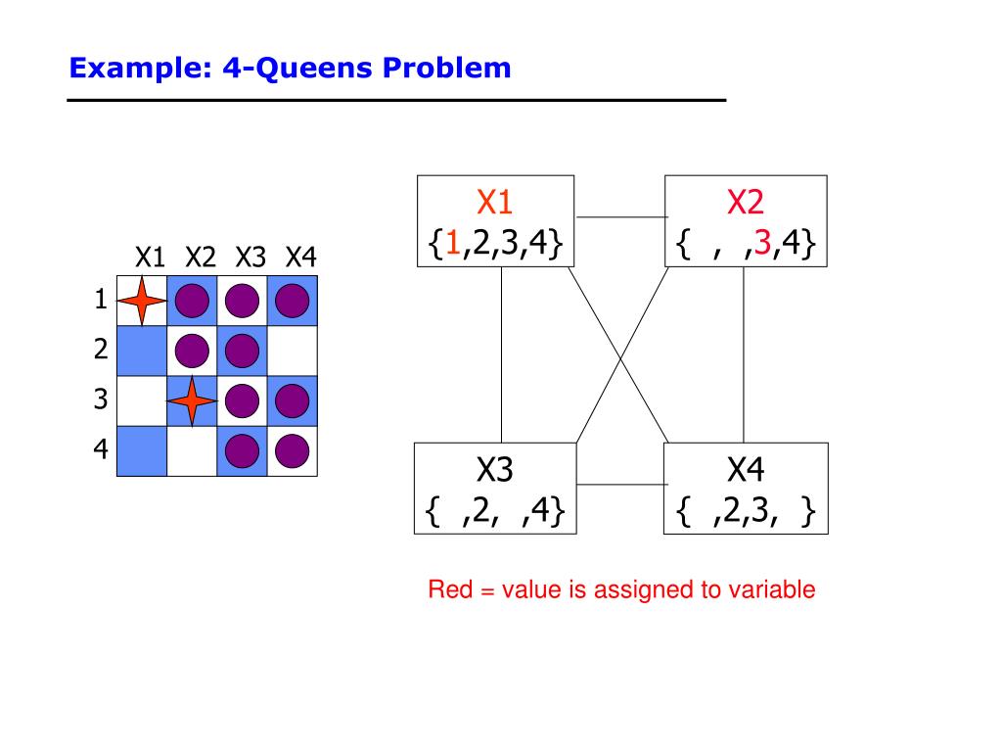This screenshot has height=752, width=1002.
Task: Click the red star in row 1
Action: click(x=141, y=301)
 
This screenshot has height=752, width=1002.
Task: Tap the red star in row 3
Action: click(x=192, y=400)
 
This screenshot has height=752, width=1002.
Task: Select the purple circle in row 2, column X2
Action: click(x=192, y=350)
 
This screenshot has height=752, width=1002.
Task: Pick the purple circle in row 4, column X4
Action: click(x=292, y=450)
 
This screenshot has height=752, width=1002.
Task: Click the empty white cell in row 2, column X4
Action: click(x=292, y=350)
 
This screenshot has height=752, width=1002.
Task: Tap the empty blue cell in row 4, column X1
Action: click(x=141, y=450)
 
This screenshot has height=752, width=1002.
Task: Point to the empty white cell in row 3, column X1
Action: click(x=141, y=400)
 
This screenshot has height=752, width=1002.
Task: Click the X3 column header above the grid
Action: click(x=250, y=258)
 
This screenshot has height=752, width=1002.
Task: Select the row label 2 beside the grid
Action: click(x=100, y=350)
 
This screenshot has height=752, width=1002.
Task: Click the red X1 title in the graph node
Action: click(x=494, y=203)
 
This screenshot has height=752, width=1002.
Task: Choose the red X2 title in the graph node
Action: click(x=745, y=203)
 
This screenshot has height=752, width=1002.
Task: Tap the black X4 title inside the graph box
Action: click(x=745, y=471)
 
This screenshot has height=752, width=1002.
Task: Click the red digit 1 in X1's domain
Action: click(x=453, y=243)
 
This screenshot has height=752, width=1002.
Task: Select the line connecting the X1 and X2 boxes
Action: click(x=619, y=215)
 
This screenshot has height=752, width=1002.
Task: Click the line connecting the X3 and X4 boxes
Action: click(x=619, y=484)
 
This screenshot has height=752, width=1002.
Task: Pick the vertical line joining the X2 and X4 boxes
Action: click(x=744, y=354)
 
